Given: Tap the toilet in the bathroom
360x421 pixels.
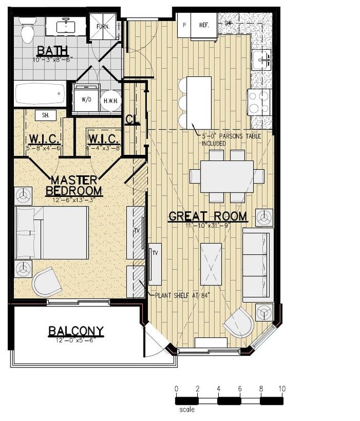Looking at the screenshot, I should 27,31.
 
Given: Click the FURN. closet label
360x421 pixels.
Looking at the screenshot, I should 103,26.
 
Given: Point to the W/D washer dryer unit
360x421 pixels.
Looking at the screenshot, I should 86,100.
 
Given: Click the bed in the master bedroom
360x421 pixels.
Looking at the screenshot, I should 52,232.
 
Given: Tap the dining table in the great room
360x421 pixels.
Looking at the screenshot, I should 227,176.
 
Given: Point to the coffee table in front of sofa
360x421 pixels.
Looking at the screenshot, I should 211,263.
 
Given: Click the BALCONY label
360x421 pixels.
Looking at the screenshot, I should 76,331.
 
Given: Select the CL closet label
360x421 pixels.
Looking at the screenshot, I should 132,119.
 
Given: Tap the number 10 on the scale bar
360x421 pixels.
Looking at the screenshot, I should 282,389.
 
